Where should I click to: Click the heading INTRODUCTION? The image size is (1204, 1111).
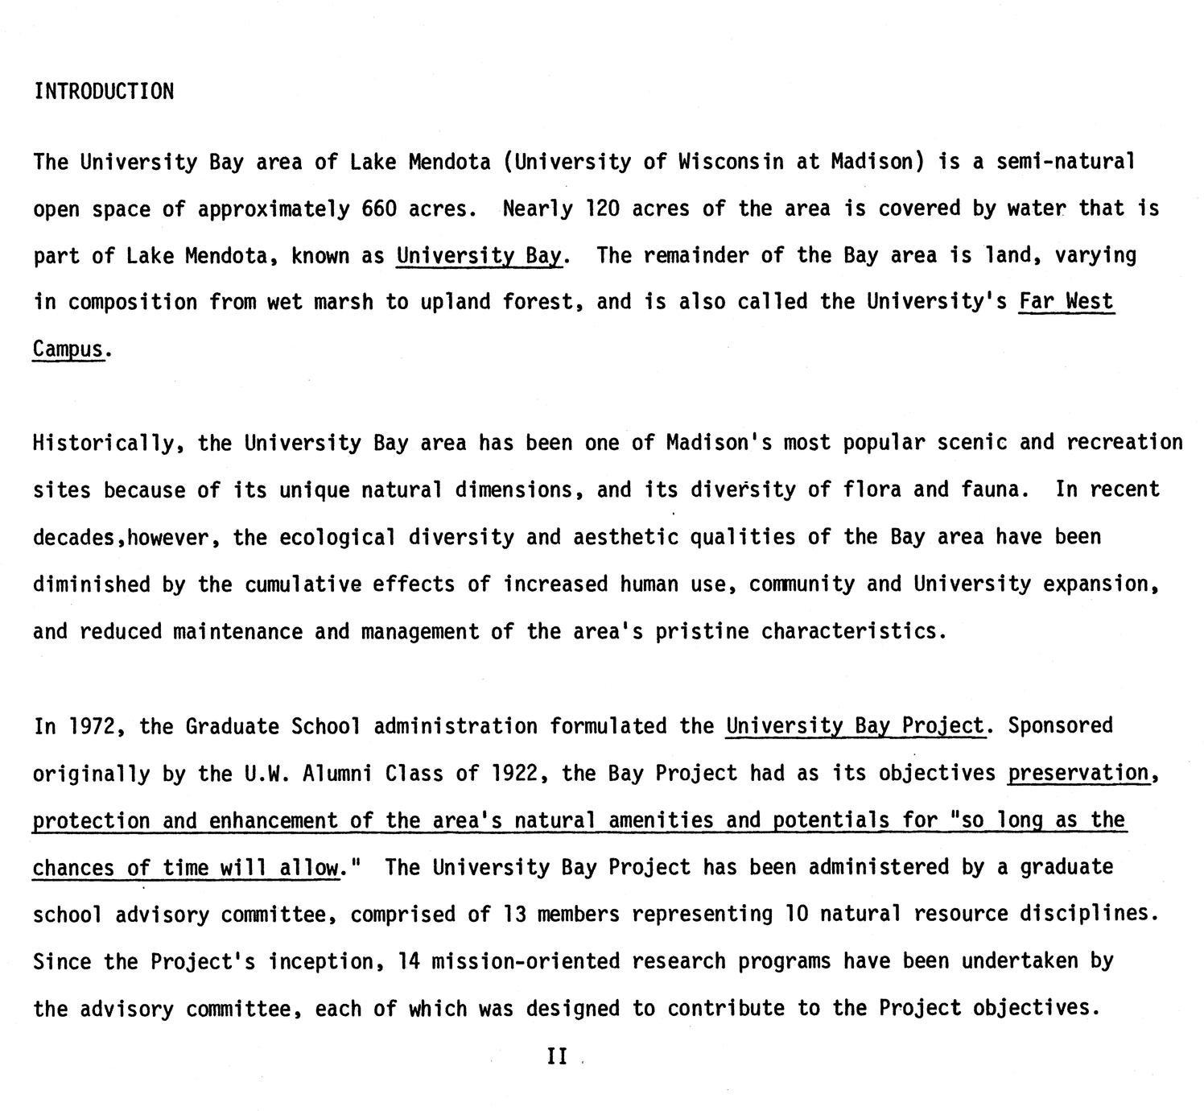click(x=104, y=91)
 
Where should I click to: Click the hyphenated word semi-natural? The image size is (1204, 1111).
click(x=1066, y=162)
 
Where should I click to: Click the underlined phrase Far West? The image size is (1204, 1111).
click(x=1066, y=303)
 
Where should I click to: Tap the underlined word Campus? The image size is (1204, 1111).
click(x=68, y=349)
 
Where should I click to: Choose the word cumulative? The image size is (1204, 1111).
click(x=303, y=584)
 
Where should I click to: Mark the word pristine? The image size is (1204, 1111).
click(x=702, y=631)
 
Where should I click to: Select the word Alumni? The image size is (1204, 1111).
click(x=337, y=774)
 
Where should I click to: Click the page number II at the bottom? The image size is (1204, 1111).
click(x=557, y=1056)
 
